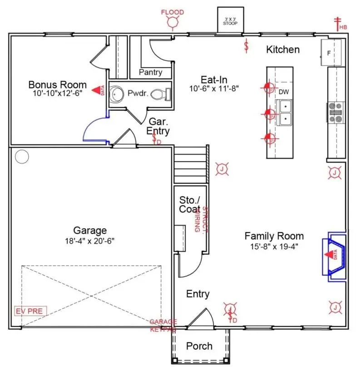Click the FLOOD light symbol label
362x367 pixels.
(173, 12)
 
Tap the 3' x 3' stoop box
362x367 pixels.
(230, 20)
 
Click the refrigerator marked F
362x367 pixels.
(331, 53)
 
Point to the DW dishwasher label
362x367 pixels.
(284, 92)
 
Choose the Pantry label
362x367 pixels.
(150, 72)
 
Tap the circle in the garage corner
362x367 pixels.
(21, 157)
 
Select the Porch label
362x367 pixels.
(199, 346)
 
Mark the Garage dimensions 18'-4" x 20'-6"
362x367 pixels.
(90, 241)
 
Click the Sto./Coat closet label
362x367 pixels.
(189, 204)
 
